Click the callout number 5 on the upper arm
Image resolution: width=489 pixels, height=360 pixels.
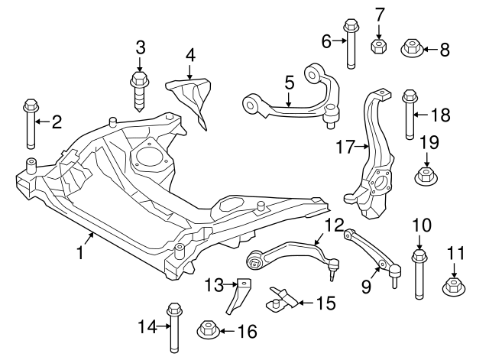click(289, 81)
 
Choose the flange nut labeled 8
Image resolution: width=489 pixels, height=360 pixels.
click(412, 50)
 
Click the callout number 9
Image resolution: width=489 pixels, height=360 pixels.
click(365, 287)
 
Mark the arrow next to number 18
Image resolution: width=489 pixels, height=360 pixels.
click(423, 116)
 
